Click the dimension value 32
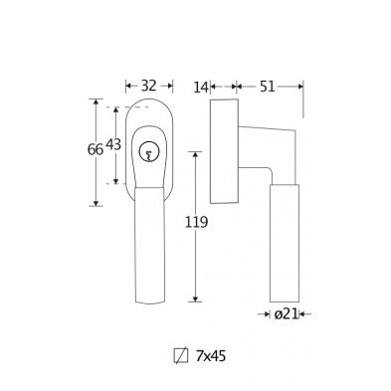[x=148, y=86]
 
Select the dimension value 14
[x=201, y=88]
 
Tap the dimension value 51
[x=267, y=87]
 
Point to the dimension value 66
[x=96, y=150]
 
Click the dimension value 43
[x=113, y=144]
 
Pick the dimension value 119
[x=196, y=222]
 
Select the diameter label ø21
[x=287, y=313]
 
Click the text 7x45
[x=211, y=356]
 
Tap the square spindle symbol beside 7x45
[x=181, y=356]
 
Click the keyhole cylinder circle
[x=148, y=152]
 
